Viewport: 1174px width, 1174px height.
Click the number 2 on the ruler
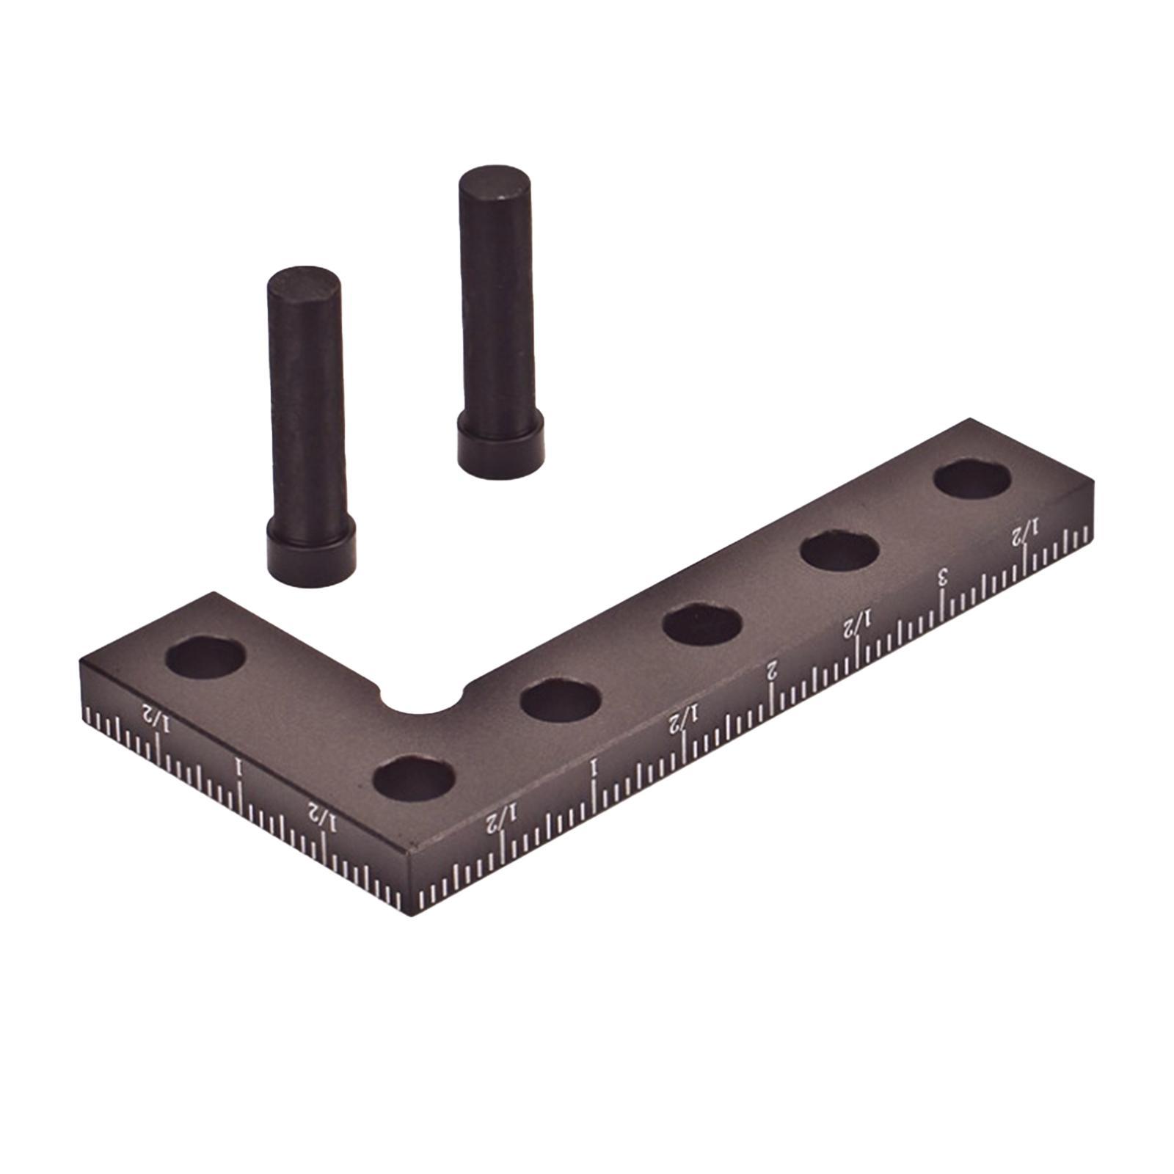tap(771, 669)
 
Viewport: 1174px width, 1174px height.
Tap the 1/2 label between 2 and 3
tap(857, 625)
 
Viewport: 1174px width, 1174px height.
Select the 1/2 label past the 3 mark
tap(1027, 533)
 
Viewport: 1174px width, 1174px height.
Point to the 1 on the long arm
tap(594, 768)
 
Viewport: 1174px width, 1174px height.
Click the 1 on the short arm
tap(237, 768)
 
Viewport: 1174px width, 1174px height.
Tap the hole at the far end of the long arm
tap(972, 481)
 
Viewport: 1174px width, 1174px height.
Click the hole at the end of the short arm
tap(205, 657)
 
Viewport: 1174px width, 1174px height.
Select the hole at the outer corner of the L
tap(413, 778)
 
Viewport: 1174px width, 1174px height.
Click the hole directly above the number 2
tap(701, 625)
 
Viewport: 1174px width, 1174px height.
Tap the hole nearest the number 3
tap(839, 550)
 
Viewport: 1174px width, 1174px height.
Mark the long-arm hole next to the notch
tap(561, 699)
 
